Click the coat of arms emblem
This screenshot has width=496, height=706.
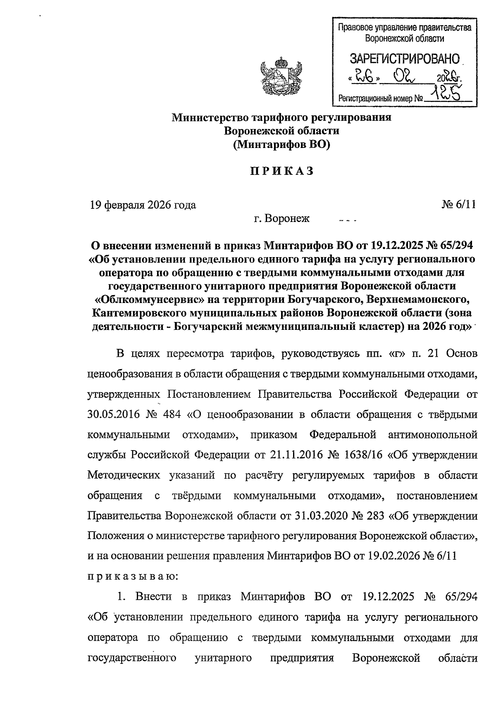[x=281, y=79]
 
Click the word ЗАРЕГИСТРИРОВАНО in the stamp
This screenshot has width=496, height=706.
[x=405, y=59]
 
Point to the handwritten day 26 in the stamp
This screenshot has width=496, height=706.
[x=364, y=76]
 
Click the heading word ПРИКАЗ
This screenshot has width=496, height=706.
[x=281, y=172]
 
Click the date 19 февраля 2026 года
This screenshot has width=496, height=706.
[x=143, y=205]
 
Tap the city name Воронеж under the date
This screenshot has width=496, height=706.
[x=288, y=218]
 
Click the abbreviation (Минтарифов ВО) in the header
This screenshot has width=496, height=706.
[x=281, y=145]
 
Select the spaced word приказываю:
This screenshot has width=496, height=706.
[x=132, y=577]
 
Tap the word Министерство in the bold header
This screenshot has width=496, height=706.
[x=209, y=117]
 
